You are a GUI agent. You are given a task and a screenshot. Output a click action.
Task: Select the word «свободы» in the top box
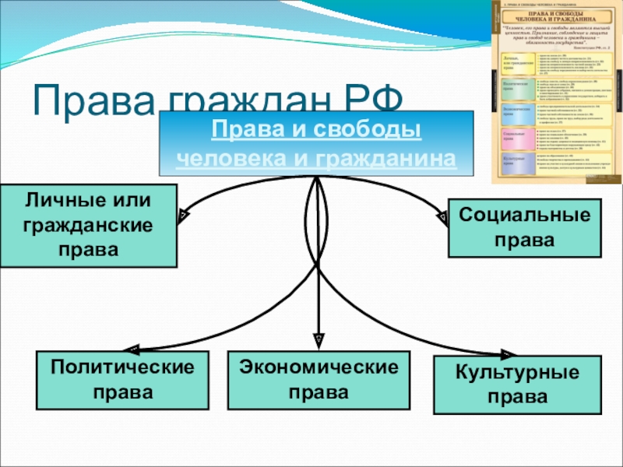click(369, 129)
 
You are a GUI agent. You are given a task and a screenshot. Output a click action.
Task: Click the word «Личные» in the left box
click(62, 201)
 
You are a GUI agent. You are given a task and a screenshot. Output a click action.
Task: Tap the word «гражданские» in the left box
click(88, 226)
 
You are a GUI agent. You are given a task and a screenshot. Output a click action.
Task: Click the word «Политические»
click(122, 367)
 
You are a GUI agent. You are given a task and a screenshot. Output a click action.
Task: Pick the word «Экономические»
click(318, 367)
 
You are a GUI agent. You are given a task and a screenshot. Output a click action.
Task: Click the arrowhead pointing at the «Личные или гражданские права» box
click(181, 212)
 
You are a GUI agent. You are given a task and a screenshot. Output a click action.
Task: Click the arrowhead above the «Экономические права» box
click(318, 340)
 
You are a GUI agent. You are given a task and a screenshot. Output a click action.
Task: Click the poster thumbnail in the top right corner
click(555, 92)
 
